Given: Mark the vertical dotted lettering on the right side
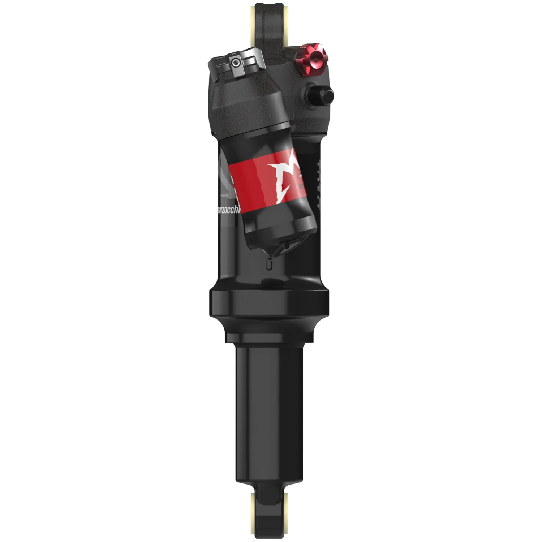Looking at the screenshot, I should (x=318, y=181).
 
